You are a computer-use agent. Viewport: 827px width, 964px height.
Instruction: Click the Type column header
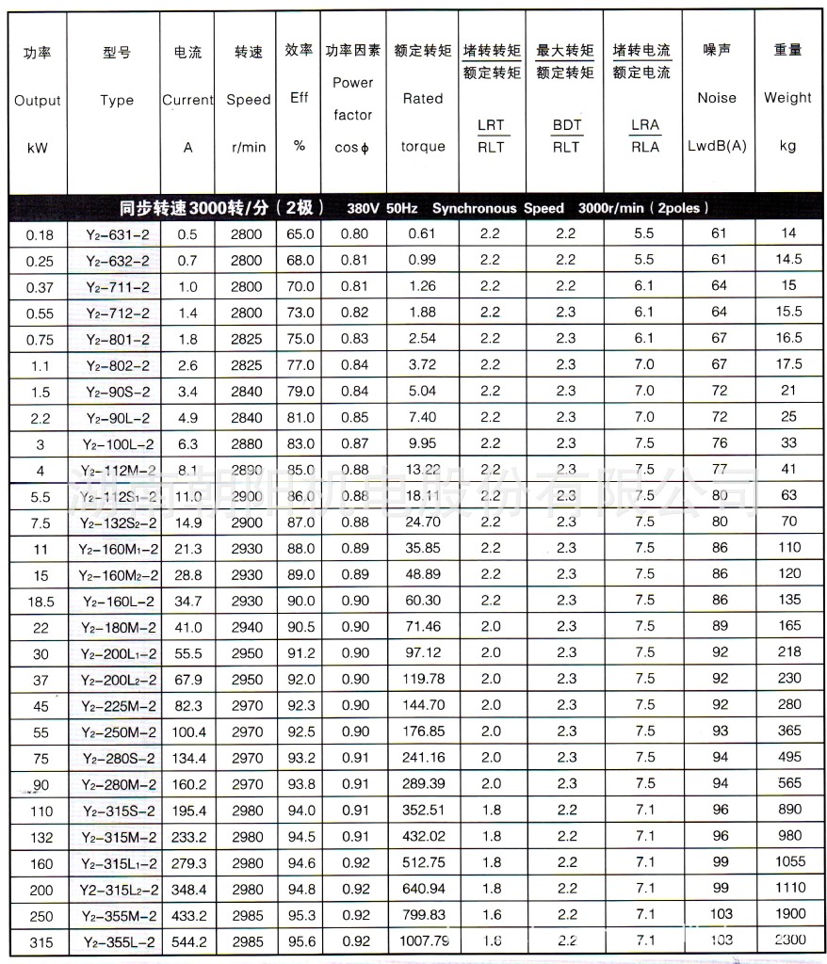[117, 101]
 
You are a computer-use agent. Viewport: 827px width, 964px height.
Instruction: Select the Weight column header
[787, 98]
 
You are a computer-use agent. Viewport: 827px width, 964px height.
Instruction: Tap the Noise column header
[717, 98]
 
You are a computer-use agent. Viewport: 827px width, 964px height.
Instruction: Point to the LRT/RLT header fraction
[491, 136]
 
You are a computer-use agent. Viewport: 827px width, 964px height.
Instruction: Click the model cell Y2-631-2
[115, 233]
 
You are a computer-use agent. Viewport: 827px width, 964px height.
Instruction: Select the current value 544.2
[187, 940]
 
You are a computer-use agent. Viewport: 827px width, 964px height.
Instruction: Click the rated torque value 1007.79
[423, 940]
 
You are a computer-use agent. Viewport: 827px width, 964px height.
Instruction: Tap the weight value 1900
[788, 913]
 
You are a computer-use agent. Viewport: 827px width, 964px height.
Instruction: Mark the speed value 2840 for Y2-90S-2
[247, 391]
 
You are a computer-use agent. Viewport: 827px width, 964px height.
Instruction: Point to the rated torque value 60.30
[423, 600]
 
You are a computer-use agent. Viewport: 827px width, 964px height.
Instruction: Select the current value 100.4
[187, 731]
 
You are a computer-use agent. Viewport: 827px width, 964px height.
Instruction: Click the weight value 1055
[788, 861]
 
